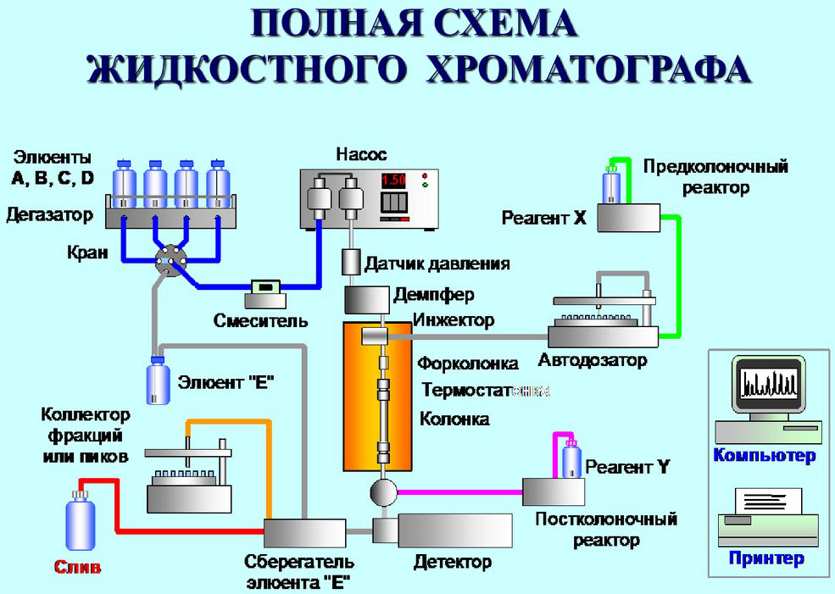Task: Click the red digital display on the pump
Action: click(x=392, y=180)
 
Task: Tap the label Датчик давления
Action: click(x=437, y=263)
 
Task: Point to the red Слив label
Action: click(x=77, y=567)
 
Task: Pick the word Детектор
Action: click(x=453, y=562)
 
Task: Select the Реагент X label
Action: click(x=543, y=218)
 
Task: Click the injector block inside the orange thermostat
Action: click(x=373, y=336)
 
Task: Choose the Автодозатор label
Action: click(x=593, y=360)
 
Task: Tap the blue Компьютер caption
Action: click(x=764, y=456)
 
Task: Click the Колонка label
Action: click(x=455, y=419)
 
